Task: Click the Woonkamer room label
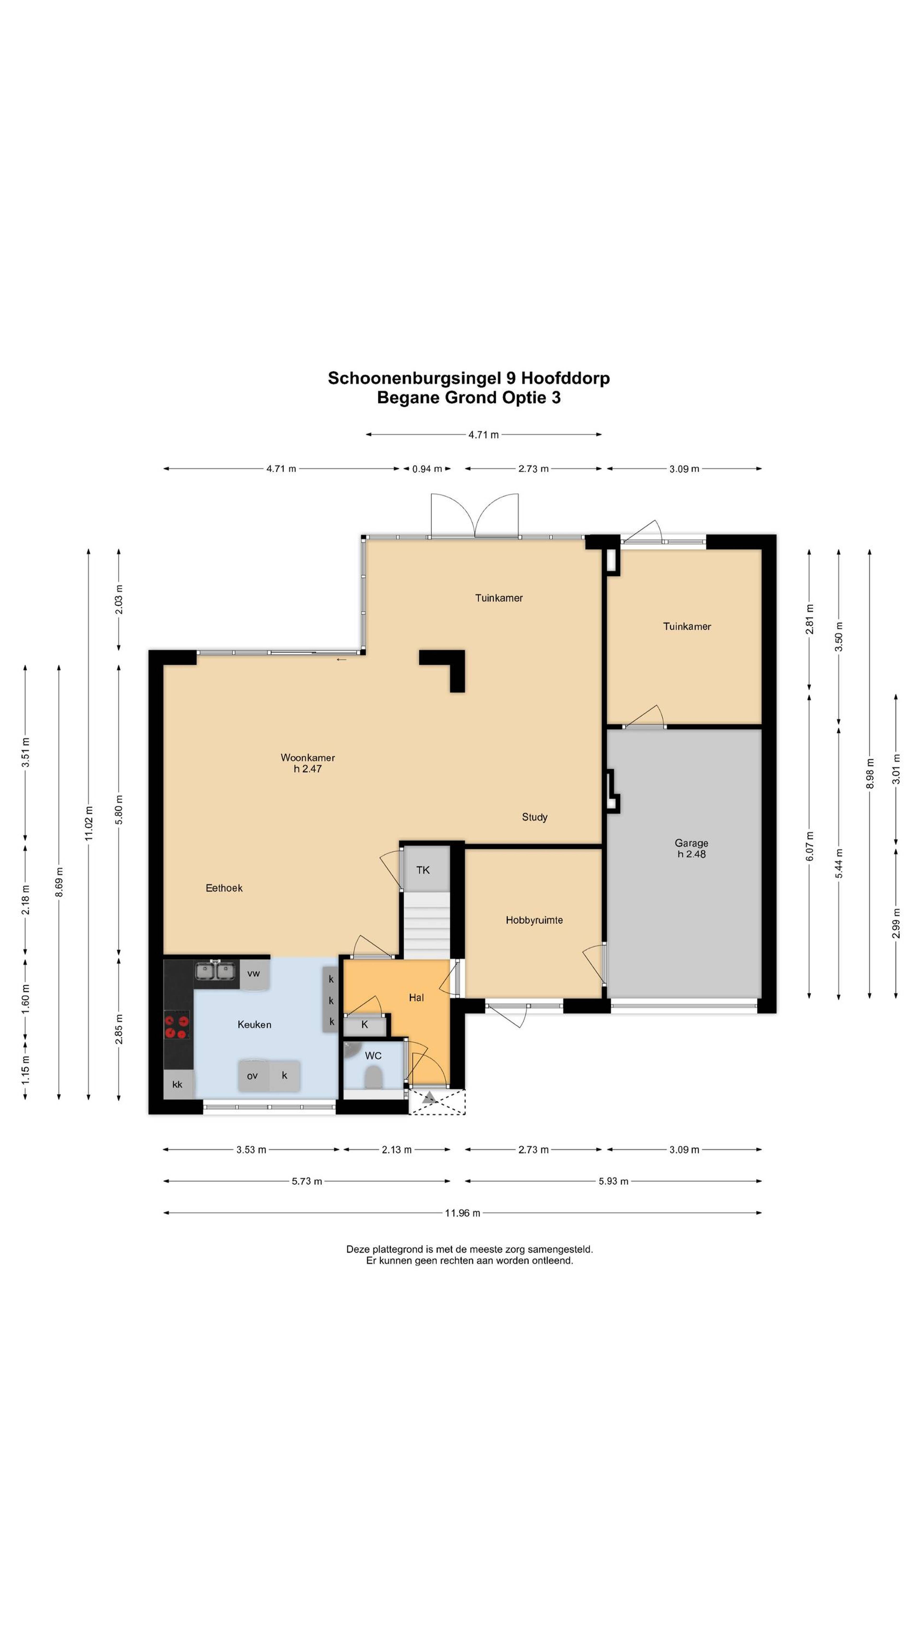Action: [x=307, y=757]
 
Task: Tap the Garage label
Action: [x=691, y=843]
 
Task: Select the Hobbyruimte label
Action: [x=534, y=919]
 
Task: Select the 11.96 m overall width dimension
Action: [x=462, y=1212]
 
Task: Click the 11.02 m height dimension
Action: [x=89, y=824]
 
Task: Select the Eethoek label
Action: [x=224, y=888]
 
